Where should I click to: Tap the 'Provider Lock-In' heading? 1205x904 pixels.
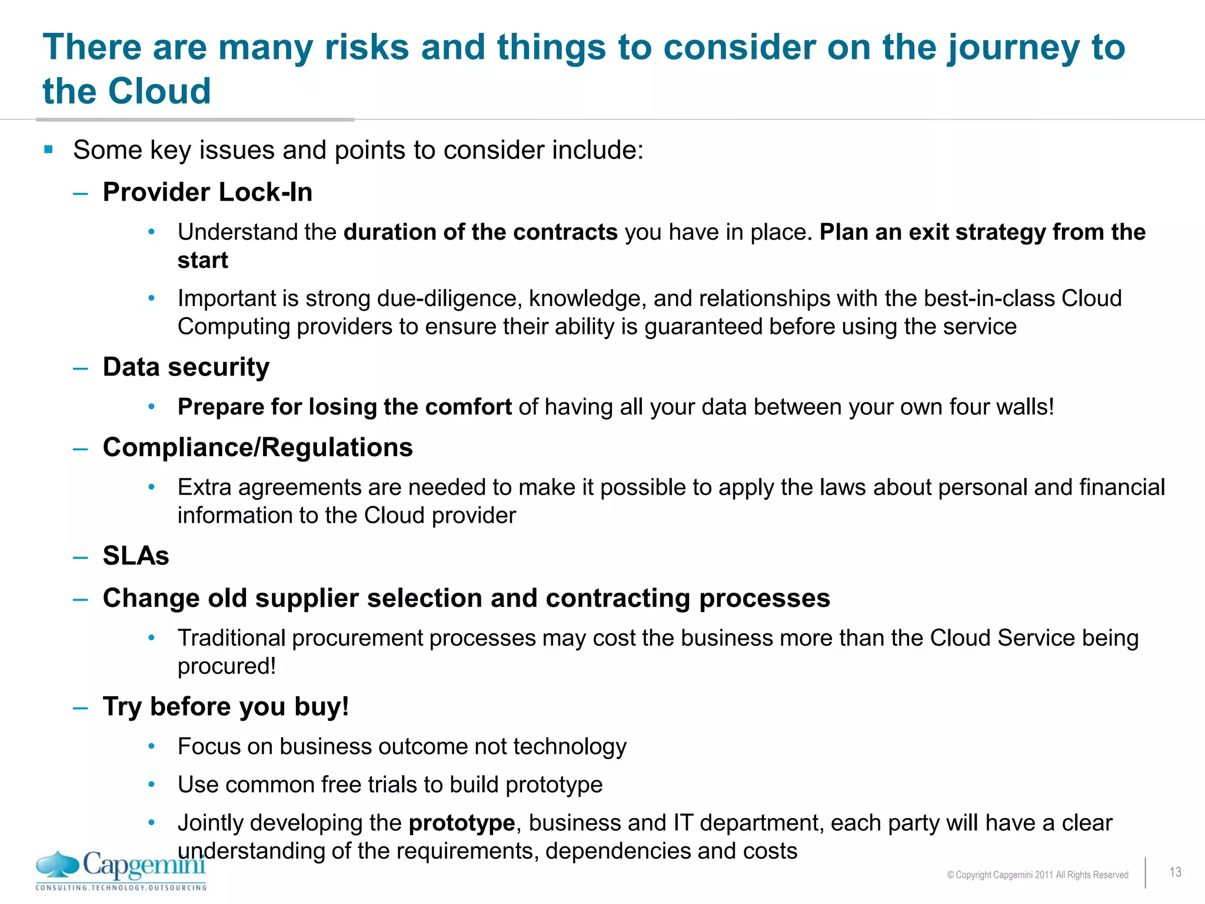coord(207,192)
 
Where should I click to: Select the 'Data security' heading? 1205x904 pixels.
coord(186,367)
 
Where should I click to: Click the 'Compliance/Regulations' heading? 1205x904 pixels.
coord(258,448)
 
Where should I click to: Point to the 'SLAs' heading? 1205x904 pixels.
coord(136,556)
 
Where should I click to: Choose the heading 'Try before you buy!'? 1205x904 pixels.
coord(226,707)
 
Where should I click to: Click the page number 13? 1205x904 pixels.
coord(1175,872)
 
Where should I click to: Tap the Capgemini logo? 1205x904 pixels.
coord(121,866)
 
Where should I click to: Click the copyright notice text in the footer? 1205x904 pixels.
coord(1037,875)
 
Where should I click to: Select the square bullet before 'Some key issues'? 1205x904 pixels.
coord(49,149)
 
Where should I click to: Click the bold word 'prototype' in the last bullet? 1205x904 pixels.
coord(462,823)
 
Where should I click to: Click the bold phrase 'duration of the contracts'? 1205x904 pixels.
coord(480,232)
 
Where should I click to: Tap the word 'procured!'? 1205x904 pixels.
coord(227,667)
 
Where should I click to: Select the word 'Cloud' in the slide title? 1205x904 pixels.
coord(159,92)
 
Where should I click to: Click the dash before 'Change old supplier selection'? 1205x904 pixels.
coord(81,600)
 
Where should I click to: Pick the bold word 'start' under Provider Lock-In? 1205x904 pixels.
coord(202,261)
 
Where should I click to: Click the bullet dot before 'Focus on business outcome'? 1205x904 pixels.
coord(152,747)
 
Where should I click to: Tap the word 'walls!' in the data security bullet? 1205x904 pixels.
coord(1024,407)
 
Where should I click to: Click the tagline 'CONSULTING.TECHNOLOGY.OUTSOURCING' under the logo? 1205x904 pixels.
coord(121,888)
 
